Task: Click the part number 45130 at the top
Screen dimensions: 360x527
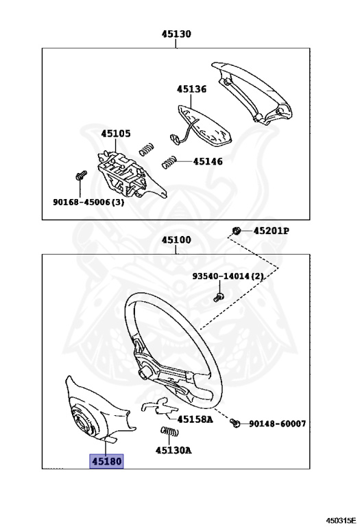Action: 176,34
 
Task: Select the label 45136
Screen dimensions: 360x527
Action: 191,89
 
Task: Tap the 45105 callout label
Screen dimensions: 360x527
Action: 116,133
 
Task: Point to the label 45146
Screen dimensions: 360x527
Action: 208,162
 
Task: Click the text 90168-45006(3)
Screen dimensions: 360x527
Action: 88,202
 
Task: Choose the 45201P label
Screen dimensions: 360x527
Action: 272,231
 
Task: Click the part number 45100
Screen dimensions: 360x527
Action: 176,240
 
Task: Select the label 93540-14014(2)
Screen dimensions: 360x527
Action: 228,277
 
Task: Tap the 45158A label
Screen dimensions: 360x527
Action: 195,419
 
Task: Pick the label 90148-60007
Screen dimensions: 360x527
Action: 278,423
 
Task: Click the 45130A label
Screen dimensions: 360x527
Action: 173,450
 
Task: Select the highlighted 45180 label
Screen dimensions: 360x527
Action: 106,461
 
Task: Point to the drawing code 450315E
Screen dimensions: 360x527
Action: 341,521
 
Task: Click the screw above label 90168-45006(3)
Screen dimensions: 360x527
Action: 81,176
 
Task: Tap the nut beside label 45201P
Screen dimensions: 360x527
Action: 237,231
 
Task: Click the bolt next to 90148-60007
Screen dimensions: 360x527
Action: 235,423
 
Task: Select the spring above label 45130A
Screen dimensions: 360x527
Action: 169,431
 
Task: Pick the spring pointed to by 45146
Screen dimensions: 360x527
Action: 169,163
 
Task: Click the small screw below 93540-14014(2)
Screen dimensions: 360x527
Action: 219,297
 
